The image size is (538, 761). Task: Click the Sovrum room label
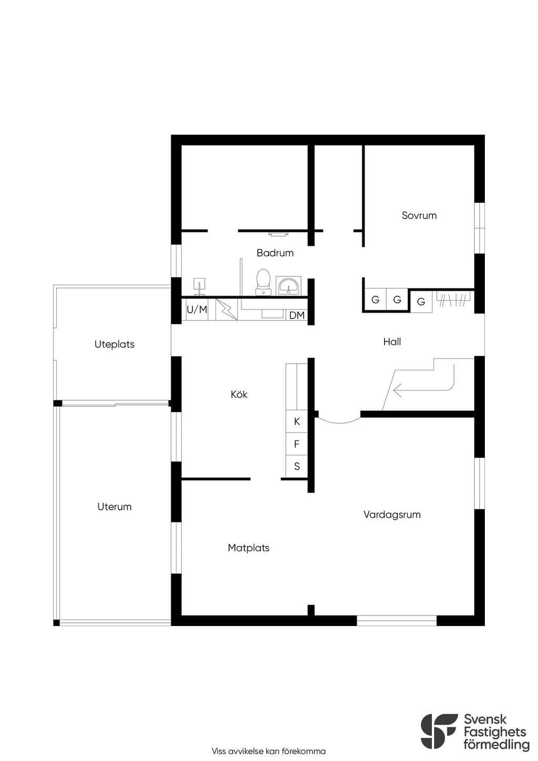click(419, 215)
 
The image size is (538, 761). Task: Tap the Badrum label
click(275, 253)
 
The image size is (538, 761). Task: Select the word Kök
click(239, 394)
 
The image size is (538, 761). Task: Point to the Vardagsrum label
click(392, 515)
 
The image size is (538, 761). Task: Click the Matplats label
click(249, 548)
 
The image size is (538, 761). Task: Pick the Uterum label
click(115, 507)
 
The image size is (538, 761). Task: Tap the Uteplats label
click(115, 344)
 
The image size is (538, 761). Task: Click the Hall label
click(392, 342)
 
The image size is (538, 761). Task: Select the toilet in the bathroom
click(263, 282)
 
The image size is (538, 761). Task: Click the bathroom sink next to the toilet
click(288, 285)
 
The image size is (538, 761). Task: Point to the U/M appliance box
click(197, 310)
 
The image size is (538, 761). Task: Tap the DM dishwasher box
click(296, 315)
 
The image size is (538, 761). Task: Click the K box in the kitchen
click(296, 421)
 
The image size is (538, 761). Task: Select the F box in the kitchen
click(296, 444)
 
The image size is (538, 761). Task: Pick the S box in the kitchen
click(296, 466)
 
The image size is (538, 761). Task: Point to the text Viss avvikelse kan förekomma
click(268, 750)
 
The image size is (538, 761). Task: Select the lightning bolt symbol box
click(226, 310)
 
